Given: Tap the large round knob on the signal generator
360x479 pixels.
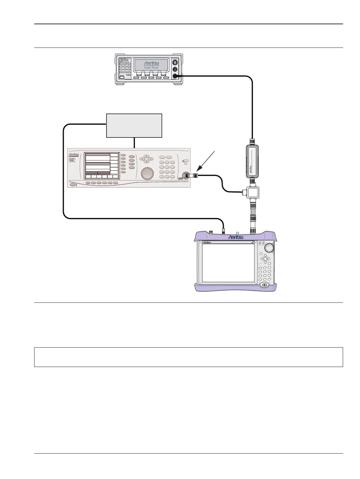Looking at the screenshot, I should pyautogui.click(x=147, y=174).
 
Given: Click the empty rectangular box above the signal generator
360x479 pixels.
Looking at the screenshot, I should pyautogui.click(x=134, y=126).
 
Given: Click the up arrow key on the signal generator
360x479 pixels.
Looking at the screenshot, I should pyautogui.click(x=146, y=156).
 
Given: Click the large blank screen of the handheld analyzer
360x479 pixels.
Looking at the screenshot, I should pyautogui.click(x=228, y=263).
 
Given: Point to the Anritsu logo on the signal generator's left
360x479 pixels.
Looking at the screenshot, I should pyautogui.click(x=74, y=154).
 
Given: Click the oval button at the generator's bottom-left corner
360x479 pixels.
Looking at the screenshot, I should pyautogui.click(x=73, y=184).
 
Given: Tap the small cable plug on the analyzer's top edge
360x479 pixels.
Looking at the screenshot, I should pyautogui.click(x=223, y=231).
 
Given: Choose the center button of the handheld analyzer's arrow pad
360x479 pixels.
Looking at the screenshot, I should pyautogui.click(x=265, y=259).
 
